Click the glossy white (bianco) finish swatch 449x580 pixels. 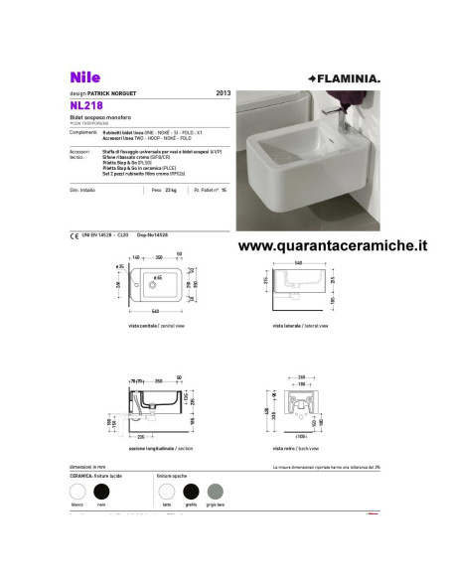click(77, 491)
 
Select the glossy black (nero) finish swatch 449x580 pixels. click(100, 491)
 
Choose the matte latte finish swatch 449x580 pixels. click(166, 491)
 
